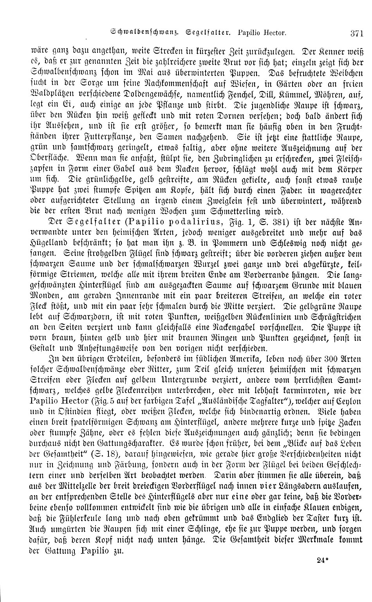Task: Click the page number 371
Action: (358, 33)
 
